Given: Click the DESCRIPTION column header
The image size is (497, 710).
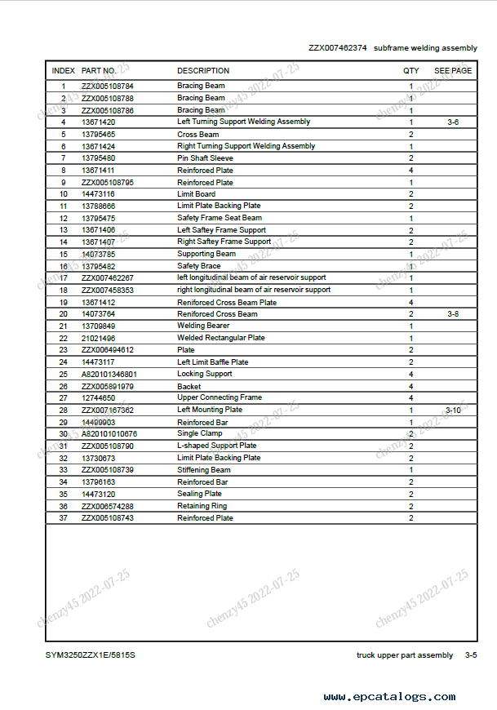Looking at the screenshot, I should coord(203,71).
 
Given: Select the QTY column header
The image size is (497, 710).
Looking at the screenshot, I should coord(410,71).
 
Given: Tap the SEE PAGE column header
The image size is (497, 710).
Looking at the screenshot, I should coord(452,71).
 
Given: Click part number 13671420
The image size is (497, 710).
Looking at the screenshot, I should coord(98,122).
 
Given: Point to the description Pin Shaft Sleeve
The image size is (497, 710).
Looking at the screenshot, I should coord(205,158).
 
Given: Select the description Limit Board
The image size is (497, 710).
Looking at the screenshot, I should coord(196,194).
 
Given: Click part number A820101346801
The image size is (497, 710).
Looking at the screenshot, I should coord(109,374).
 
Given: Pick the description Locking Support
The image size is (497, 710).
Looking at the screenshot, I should coord(204,374).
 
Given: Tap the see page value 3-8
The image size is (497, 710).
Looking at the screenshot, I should coord(453,313).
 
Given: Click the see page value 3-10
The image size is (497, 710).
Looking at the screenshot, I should coord(453,410).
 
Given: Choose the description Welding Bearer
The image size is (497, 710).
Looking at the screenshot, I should coord(203,326).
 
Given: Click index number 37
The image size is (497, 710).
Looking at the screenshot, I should coord(63,518).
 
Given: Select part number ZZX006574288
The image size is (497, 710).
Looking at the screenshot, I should coord(108,506).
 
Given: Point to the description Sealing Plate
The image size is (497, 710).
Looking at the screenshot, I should coord(199,494).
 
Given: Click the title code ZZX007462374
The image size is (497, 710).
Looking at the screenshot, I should coord(337,48).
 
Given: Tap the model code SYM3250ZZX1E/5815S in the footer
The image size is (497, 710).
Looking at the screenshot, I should coord(90,655).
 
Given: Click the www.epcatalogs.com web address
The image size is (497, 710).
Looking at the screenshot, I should coord(389,697).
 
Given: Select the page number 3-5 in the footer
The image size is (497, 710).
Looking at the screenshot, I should coord(471,655).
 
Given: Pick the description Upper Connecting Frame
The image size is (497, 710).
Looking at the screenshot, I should coord(220,397).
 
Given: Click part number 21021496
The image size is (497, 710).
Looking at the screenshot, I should coord(98,338).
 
